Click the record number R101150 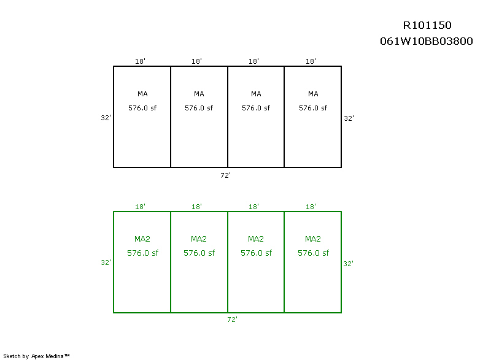[x=427, y=25]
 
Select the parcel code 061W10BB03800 [x=426, y=41]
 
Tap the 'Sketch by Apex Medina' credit [x=36, y=356]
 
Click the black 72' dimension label [x=225, y=175]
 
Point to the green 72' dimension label [x=233, y=320]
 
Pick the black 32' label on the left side [x=106, y=118]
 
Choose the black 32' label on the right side [x=349, y=118]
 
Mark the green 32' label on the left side [x=106, y=262]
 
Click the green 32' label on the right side [x=348, y=264]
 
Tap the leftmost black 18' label [x=140, y=61]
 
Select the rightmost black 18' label [x=311, y=61]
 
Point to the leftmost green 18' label [x=140, y=207]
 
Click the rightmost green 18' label [x=311, y=207]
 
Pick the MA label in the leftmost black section [x=142, y=94]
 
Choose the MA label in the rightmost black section [x=313, y=94]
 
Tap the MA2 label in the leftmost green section [x=142, y=239]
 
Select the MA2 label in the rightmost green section [x=313, y=239]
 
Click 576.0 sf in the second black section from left [x=199, y=108]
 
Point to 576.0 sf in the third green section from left [x=256, y=253]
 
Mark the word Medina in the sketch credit [x=55, y=356]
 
